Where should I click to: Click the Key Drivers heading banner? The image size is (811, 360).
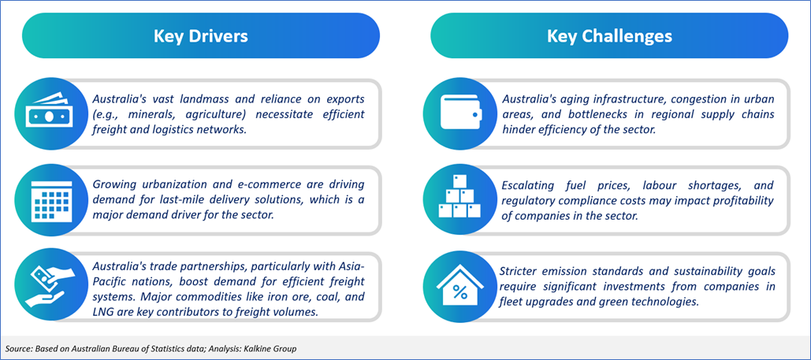(x=201, y=35)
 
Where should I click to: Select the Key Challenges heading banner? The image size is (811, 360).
(x=609, y=35)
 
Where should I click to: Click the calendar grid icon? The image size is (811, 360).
(x=47, y=199)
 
